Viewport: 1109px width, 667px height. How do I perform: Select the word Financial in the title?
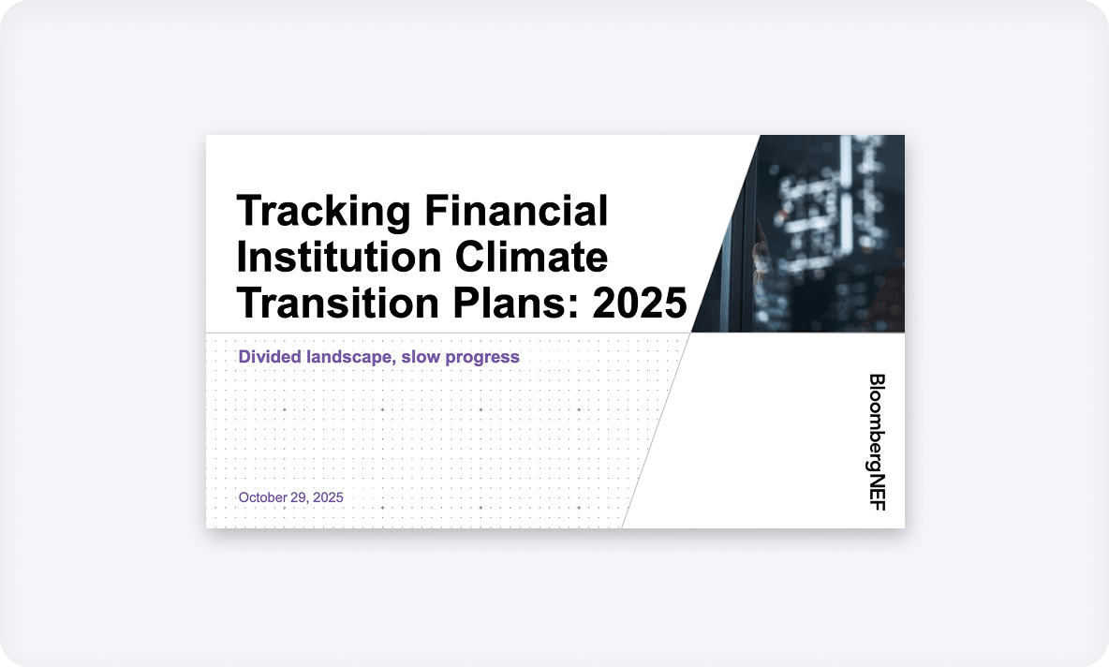click(516, 211)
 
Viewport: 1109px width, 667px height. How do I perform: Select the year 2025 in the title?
click(640, 303)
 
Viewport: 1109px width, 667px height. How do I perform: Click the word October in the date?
click(262, 497)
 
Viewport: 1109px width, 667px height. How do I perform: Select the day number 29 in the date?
click(299, 497)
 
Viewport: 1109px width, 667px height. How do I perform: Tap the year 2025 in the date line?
click(329, 497)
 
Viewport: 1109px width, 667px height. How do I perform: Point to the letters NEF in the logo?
click(877, 493)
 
